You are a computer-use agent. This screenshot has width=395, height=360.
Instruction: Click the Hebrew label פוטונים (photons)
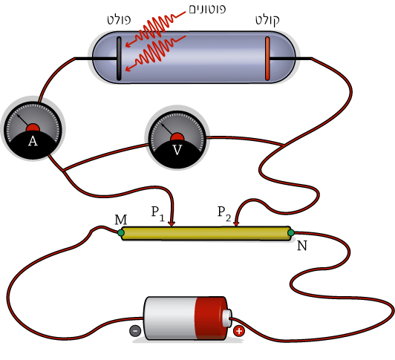(207, 9)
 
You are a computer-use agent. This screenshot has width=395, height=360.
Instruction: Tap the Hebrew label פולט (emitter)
(119, 19)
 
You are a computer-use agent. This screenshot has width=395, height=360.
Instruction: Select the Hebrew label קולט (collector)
(267, 20)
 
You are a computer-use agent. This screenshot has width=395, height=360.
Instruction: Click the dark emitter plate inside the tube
(119, 59)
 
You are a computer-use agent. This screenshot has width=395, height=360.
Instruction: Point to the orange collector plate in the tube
(267, 59)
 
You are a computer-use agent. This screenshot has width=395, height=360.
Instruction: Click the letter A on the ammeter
(33, 141)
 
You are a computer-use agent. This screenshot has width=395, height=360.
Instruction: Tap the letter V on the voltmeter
(177, 150)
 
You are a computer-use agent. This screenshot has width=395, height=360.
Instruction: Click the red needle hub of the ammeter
(33, 128)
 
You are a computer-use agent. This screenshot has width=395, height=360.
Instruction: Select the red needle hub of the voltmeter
(177, 137)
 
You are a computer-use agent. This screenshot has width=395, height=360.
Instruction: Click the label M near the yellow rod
(121, 220)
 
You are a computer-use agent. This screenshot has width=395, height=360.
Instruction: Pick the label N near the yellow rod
(302, 246)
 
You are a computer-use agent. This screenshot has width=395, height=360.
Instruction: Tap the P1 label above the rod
(158, 213)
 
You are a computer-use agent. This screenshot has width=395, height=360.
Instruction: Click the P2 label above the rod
(224, 213)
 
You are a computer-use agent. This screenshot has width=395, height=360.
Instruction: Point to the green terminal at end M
(121, 232)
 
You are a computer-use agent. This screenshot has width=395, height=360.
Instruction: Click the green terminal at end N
(291, 232)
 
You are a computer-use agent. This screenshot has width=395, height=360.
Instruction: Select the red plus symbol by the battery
(239, 331)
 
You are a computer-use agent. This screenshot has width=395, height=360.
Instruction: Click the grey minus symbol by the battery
(135, 330)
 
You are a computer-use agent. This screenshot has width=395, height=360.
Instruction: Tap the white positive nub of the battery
(227, 318)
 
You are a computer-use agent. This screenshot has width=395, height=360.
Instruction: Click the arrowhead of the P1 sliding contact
(172, 223)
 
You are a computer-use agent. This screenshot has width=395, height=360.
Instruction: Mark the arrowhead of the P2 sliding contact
(236, 223)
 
